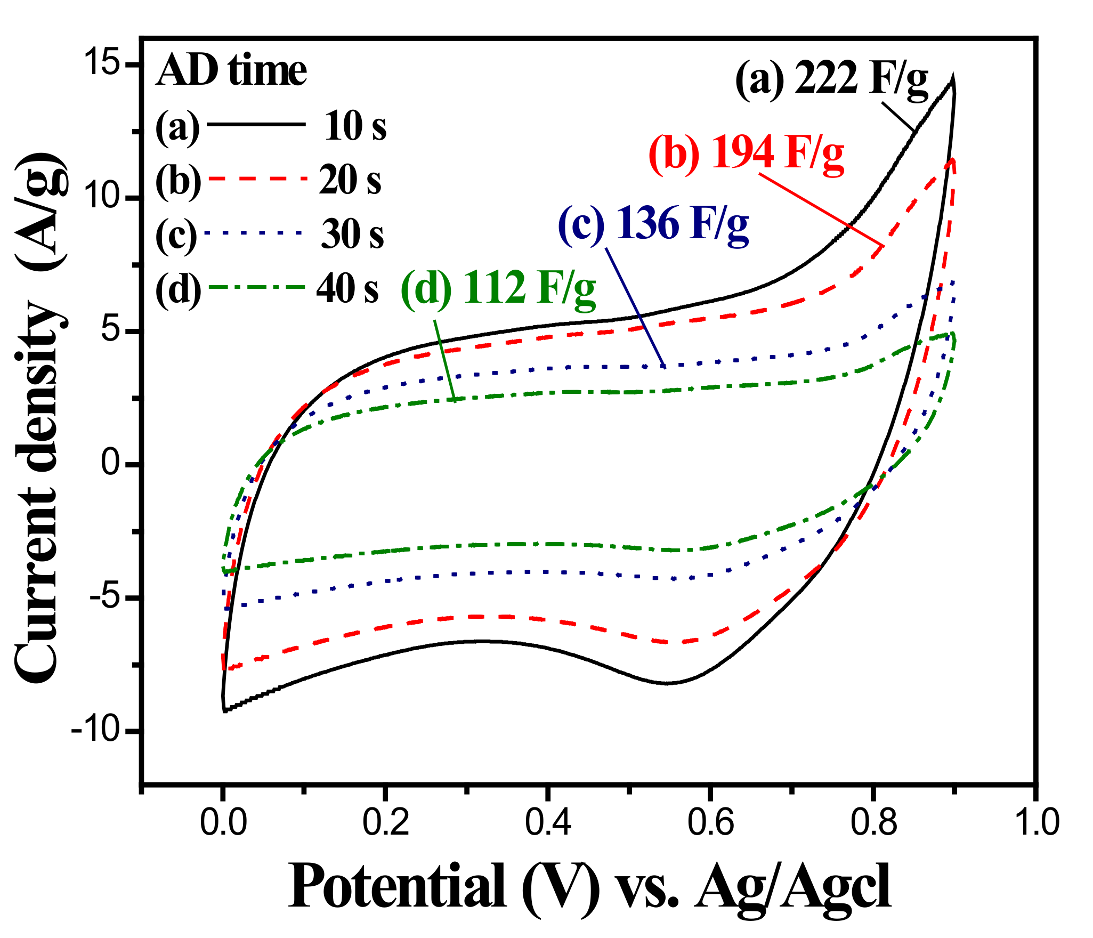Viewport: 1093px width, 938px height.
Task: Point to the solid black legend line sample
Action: (256, 124)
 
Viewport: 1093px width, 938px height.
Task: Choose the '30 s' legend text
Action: (352, 234)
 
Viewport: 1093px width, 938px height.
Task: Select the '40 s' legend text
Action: (347, 289)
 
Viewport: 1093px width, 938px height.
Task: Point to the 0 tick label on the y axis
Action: (112, 464)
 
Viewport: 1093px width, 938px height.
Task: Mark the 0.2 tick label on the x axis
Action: (385, 822)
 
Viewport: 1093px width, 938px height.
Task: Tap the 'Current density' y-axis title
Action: (37, 490)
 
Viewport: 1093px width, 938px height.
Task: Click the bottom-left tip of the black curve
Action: (224, 710)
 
